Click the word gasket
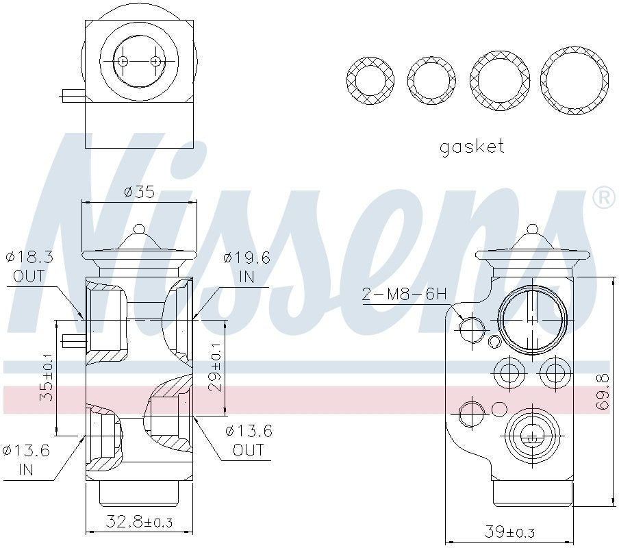(x=472, y=147)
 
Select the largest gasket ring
(x=574, y=81)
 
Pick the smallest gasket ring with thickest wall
(x=370, y=81)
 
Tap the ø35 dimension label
(x=139, y=192)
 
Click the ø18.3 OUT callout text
(x=29, y=267)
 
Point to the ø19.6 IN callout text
(x=247, y=267)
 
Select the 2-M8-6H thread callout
(x=404, y=295)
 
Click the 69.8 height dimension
(x=603, y=391)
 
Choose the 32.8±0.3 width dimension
(x=139, y=523)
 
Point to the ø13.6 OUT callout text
(x=249, y=440)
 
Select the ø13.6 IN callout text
(x=26, y=460)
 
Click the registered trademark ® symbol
(x=603, y=198)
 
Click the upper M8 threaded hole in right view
(x=472, y=330)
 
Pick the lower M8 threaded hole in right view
(x=472, y=414)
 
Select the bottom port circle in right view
(x=531, y=434)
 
